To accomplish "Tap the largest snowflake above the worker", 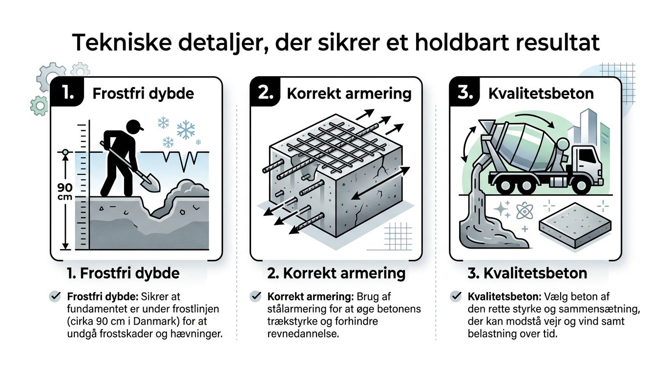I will [186, 130].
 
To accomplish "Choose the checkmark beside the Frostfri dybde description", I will [55, 296].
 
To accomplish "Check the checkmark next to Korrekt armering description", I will [255, 296].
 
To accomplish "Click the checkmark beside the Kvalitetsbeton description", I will [456, 296].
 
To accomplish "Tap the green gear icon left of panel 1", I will [39, 105].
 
